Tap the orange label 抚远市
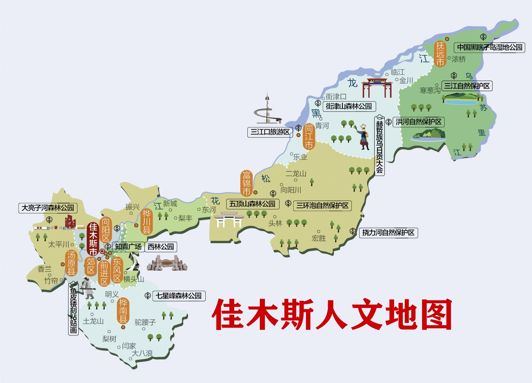coord(440,54)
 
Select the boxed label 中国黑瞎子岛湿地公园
coord(489,47)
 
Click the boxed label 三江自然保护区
coord(467,86)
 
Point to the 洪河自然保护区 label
coord(419,122)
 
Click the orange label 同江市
coord(309,137)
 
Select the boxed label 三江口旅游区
coord(270,132)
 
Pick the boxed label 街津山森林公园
coord(349,106)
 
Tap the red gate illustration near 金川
coord(377,87)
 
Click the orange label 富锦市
coord(247,183)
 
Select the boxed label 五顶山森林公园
coord(252,204)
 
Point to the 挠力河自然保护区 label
coord(388,233)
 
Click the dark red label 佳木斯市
coord(93,239)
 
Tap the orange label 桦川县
coord(147,221)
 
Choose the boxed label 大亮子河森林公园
coord(48,208)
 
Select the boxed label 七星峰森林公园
coord(179,296)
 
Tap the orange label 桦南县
coord(123,311)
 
